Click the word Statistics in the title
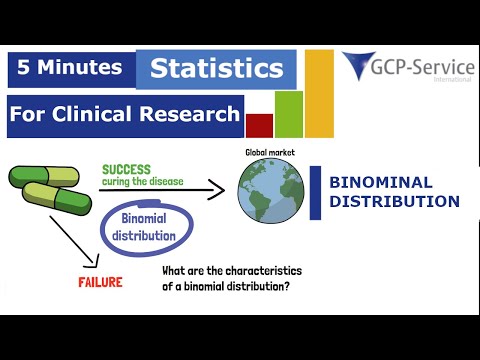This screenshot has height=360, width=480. (x=216, y=69)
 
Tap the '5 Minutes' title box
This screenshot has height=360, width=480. (x=68, y=68)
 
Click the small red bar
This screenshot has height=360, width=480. (x=259, y=126)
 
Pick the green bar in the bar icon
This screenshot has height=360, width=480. (x=289, y=114)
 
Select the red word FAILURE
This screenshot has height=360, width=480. (x=100, y=282)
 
